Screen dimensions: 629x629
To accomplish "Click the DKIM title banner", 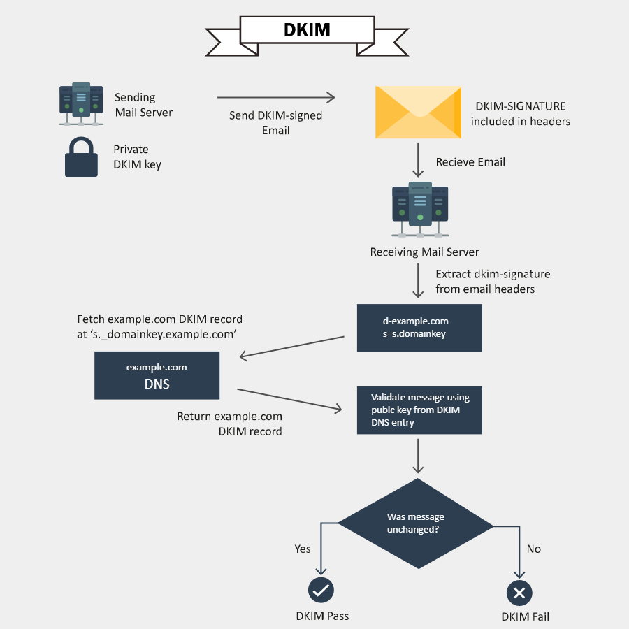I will point(307,31).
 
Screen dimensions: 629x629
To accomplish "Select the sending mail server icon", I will point(81,104).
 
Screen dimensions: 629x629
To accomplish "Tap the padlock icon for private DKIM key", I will point(81,157).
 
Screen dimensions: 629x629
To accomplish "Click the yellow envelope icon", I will point(418,111).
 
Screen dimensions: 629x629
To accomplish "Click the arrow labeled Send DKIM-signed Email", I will point(276,98).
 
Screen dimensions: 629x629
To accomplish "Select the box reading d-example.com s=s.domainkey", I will point(419,328).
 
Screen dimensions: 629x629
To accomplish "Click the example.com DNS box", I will point(157,375).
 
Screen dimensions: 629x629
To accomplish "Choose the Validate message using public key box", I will point(419,410).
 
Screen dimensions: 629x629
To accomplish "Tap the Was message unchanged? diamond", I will point(416,523).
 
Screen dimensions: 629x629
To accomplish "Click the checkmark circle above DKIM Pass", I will point(321,591).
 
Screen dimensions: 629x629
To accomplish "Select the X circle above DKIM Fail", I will point(519,593).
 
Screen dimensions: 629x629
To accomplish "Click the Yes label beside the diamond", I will point(303,549).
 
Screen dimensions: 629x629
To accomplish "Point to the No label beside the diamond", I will point(533,549).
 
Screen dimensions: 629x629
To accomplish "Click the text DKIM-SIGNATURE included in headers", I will point(520,114).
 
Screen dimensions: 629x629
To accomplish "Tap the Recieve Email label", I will point(470,162).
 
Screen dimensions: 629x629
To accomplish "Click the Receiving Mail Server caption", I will point(424,252).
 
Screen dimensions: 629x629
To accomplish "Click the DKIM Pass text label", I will point(322,616).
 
